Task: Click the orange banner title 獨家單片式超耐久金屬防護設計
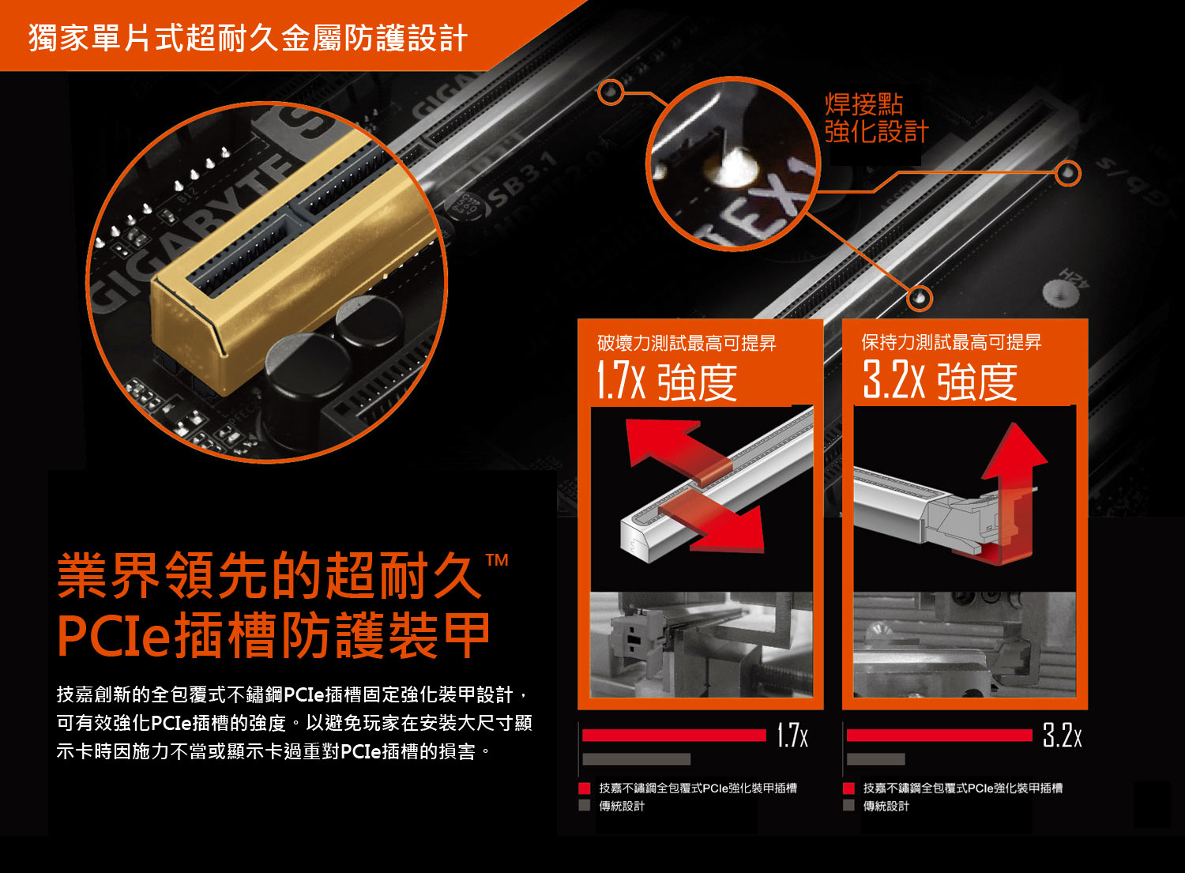[x=247, y=38]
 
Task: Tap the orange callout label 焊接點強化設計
[x=877, y=118]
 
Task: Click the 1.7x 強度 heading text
[x=667, y=381]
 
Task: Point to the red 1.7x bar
[x=674, y=736]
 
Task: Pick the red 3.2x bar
[x=939, y=736]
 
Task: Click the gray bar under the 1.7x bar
[x=637, y=759]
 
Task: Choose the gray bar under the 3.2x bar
[x=875, y=759]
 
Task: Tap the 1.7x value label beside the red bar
[x=792, y=736]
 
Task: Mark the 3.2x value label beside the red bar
[x=1063, y=736]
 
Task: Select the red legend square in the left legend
[x=584, y=788]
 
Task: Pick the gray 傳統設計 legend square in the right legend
[x=848, y=806]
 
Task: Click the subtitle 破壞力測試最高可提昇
[x=687, y=344]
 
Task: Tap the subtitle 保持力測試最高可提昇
[x=951, y=342]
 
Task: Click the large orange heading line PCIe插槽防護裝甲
[x=273, y=635]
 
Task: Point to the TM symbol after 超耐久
[x=497, y=560]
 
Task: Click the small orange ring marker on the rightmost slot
[x=1068, y=173]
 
